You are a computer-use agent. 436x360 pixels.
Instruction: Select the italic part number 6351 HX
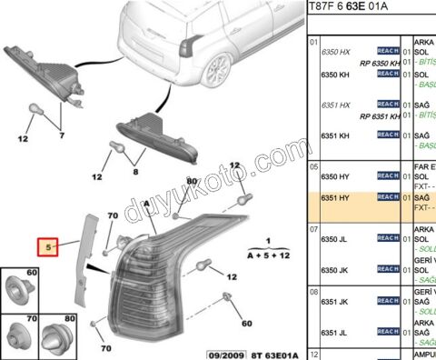334,106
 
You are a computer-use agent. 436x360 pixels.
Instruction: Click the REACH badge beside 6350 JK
389,270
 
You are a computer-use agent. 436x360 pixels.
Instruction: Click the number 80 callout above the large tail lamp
191,181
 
